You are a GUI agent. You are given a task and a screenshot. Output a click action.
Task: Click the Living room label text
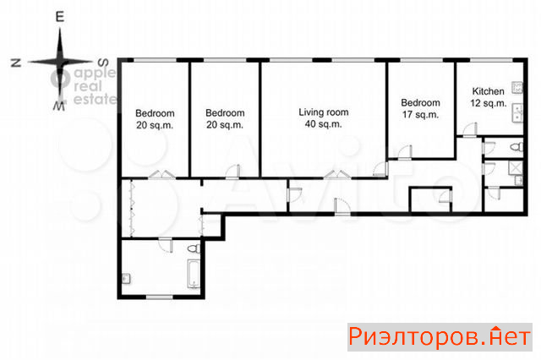[x=323, y=112]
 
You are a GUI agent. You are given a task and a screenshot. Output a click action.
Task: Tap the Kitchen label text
[x=488, y=91]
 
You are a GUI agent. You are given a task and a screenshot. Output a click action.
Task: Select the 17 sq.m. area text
[x=420, y=114]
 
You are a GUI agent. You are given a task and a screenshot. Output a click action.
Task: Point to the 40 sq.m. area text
[x=323, y=124]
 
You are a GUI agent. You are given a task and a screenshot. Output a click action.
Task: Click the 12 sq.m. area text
[x=489, y=103]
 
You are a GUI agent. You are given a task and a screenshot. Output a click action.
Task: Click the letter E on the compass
[x=60, y=17]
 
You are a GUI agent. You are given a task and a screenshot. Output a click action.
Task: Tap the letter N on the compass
[x=16, y=63]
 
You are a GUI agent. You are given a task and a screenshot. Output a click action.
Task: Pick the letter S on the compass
[x=103, y=63]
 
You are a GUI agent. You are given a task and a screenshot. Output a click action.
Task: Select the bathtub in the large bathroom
[x=194, y=274]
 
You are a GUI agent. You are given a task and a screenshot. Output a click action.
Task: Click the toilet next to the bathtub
[x=194, y=248]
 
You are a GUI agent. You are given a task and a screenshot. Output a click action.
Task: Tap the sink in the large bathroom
[x=126, y=279]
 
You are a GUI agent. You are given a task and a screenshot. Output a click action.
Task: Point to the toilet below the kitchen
[x=516, y=147]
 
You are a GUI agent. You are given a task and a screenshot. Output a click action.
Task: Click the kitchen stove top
[x=517, y=88]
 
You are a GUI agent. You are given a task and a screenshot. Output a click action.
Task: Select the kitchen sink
[x=517, y=112]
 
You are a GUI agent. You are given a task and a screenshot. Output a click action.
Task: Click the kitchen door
[x=470, y=130]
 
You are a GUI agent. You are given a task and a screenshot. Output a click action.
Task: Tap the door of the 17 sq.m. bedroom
[x=405, y=153]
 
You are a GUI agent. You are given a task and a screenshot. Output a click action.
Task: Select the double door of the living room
[x=337, y=174]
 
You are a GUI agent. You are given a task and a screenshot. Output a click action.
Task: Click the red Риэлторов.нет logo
[x=440, y=337]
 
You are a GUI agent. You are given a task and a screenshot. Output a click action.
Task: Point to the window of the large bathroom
[x=160, y=297]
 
